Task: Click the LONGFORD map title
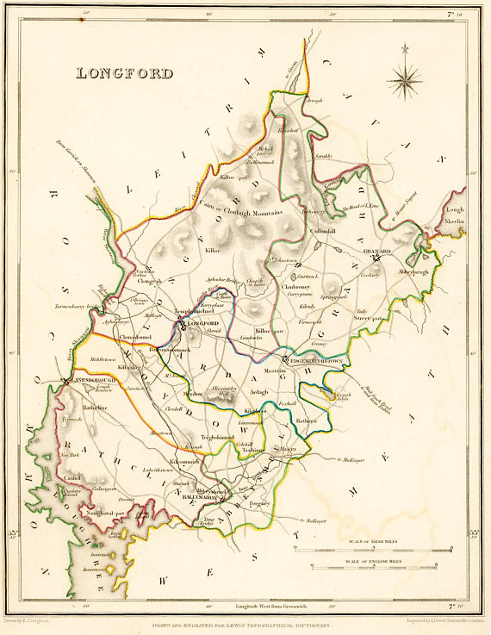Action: pos(125,73)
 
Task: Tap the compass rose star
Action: pos(403,82)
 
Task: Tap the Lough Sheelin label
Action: pos(454,215)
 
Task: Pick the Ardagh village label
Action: pos(258,391)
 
